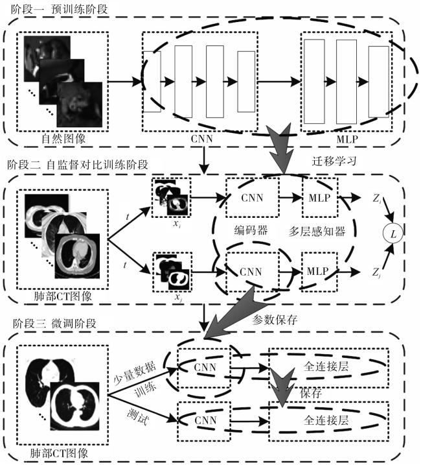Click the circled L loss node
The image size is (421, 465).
coord(393,234)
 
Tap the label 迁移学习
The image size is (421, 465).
coord(334,161)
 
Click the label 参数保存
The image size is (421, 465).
coord(275,320)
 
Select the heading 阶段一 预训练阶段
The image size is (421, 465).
coord(59,9)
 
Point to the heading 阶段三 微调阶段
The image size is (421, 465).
coord(54,323)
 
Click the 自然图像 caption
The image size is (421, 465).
coord(63,139)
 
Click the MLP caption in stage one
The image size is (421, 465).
coord(347,139)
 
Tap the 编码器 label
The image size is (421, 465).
coord(251,230)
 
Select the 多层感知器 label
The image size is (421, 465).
coord(317,231)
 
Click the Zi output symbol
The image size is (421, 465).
coord(377,198)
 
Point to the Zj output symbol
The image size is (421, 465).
coord(376,272)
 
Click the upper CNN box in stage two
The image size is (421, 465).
coord(252,198)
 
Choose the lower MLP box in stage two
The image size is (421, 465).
coord(319,271)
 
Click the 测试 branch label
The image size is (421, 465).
coord(137,417)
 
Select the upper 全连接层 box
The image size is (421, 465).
coord(328,368)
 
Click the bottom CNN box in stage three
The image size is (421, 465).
coord(204,421)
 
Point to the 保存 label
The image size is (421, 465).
coord(311,393)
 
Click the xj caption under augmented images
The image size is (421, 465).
coord(178,297)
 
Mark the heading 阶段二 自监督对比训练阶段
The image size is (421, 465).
coord(78,165)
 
